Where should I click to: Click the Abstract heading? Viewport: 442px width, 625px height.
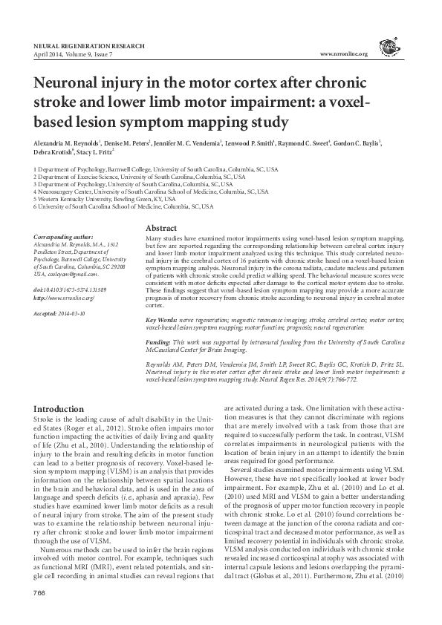point(160,227)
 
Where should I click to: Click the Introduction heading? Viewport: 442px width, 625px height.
point(60,410)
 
